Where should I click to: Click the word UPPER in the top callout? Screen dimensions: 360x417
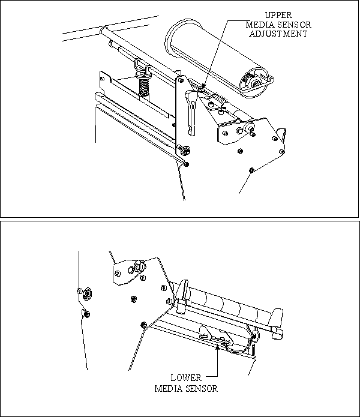[278, 15]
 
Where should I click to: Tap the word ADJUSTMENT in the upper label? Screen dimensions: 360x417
[278, 34]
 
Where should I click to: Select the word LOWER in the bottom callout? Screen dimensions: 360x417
[186, 378]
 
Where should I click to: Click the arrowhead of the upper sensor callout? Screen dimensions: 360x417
[203, 86]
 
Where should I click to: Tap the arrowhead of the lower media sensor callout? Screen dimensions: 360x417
[217, 346]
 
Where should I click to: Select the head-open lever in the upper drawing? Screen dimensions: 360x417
[192, 112]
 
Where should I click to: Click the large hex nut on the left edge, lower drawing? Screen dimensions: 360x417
[86, 294]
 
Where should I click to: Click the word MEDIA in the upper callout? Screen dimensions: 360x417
[260, 25]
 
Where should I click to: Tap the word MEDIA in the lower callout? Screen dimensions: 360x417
[169, 389]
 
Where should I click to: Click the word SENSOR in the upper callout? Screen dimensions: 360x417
[294, 25]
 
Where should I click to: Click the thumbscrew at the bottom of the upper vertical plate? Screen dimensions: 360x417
[183, 149]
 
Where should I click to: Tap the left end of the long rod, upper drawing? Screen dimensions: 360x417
[103, 30]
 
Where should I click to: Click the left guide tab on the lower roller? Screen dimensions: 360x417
[183, 296]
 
